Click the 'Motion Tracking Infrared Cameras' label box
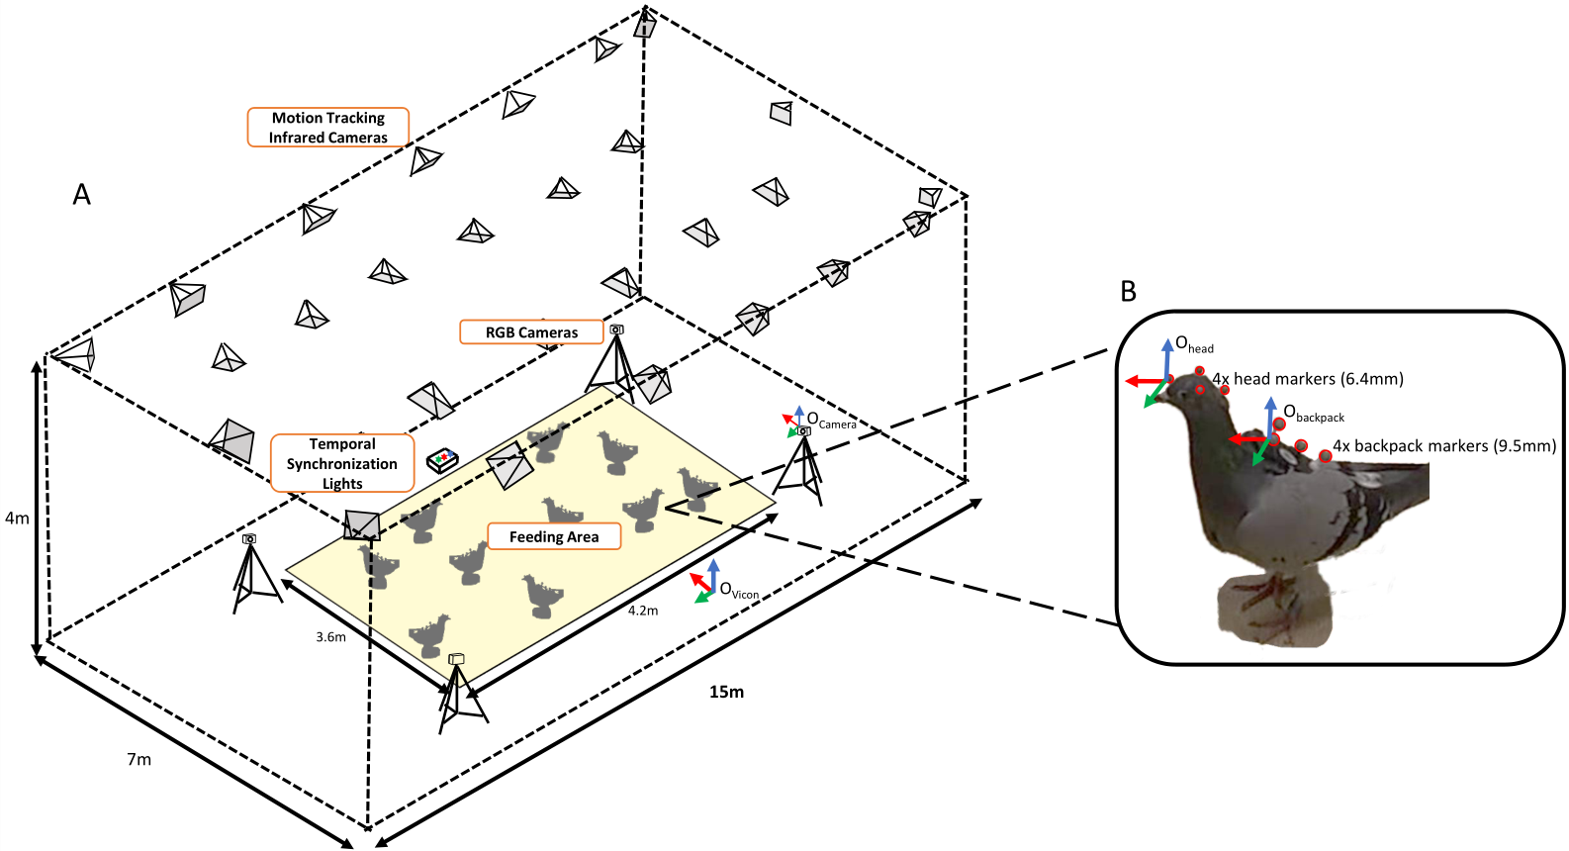pyautogui.click(x=327, y=128)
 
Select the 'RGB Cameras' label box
pyautogui.click(x=531, y=332)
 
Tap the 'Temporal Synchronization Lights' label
pyautogui.click(x=342, y=463)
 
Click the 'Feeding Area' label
pyautogui.click(x=554, y=536)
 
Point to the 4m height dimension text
pyautogui.click(x=17, y=518)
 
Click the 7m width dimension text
pyautogui.click(x=138, y=759)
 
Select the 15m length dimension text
pyautogui.click(x=726, y=692)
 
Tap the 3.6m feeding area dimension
pyautogui.click(x=330, y=637)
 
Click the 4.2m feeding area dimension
pyautogui.click(x=643, y=611)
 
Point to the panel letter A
pyautogui.click(x=82, y=195)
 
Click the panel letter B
pyautogui.click(x=1128, y=292)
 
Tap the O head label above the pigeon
pyautogui.click(x=1193, y=345)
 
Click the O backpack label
pyautogui.click(x=1313, y=414)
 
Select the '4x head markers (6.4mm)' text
pyautogui.click(x=1308, y=379)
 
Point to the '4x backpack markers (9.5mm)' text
pyautogui.click(x=1443, y=446)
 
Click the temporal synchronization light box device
pyautogui.click(x=442, y=460)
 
